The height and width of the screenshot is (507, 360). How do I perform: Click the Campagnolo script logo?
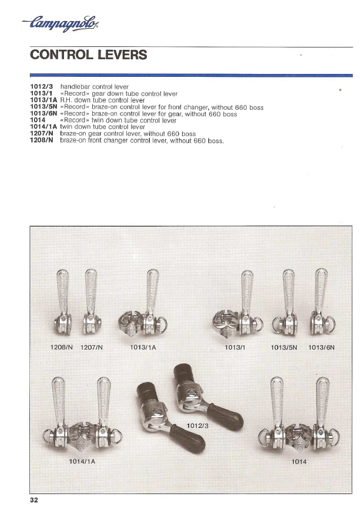(60, 23)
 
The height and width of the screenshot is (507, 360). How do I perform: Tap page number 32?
(34, 500)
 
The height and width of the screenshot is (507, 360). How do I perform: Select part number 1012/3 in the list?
(42, 87)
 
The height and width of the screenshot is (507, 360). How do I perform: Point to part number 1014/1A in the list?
(43, 127)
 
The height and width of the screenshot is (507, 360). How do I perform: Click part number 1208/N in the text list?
(42, 140)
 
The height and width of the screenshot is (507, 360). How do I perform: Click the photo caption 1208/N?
(62, 347)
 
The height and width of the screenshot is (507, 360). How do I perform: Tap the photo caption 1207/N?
(92, 347)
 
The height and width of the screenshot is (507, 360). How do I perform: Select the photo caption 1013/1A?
(143, 347)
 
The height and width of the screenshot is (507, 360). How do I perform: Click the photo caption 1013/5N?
(284, 347)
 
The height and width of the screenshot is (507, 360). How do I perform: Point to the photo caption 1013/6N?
(321, 347)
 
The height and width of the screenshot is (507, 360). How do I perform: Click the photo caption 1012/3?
(197, 426)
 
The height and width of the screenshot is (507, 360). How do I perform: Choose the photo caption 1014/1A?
(82, 461)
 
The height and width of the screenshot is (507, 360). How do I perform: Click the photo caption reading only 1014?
(299, 462)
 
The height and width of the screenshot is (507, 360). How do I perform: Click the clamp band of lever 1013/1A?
(130, 324)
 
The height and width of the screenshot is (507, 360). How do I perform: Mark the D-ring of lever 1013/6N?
(331, 324)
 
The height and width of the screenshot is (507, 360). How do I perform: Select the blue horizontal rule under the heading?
(191, 75)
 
